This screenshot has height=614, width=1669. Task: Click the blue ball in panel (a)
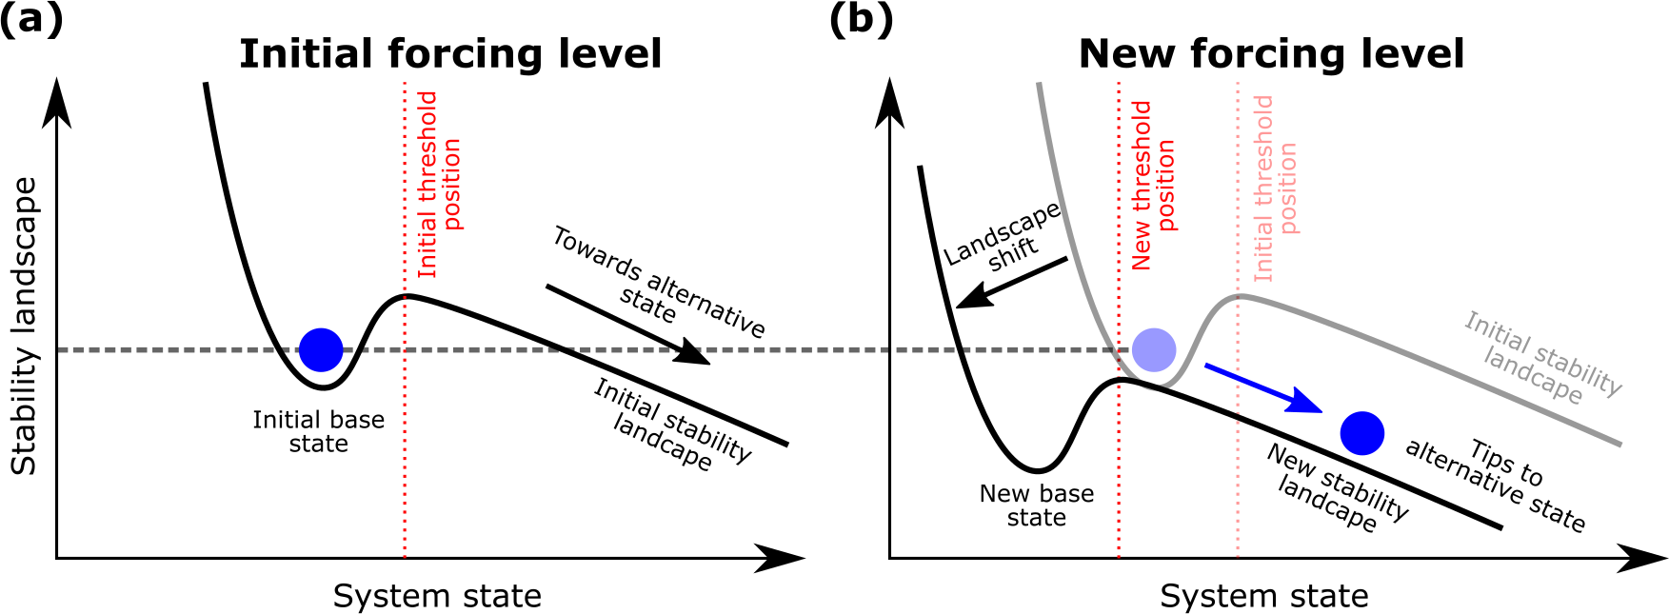pos(321,350)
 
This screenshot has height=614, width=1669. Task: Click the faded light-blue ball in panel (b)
pos(1154,349)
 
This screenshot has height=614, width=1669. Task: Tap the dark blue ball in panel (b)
pos(1362,433)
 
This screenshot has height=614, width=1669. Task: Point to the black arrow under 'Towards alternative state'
pos(628,325)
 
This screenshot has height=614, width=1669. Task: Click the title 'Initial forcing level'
pos(450,54)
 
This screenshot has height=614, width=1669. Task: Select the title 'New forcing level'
pos(1271,54)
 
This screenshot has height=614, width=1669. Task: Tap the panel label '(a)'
pos(31,19)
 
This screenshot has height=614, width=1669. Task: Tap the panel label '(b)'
pos(861,19)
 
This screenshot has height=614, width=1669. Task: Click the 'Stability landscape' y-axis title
pos(24,326)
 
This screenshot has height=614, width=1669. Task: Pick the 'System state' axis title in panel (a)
pos(437,596)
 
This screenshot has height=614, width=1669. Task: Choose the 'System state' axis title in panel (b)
pos(1263,596)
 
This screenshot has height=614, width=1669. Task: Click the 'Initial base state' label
pos(318,431)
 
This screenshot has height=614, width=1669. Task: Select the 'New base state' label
pos(1036,505)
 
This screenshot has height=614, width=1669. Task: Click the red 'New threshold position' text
pos(1153,186)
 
